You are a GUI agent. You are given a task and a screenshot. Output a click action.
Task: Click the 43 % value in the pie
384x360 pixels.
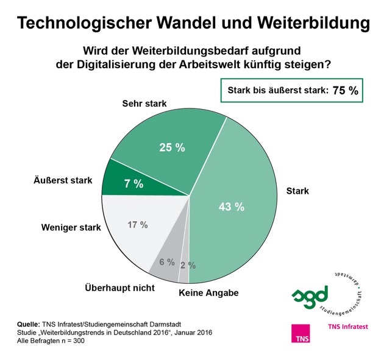232,207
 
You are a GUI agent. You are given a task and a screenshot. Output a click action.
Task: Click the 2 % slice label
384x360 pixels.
188,265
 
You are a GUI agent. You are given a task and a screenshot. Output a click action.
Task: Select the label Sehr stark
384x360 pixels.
144,104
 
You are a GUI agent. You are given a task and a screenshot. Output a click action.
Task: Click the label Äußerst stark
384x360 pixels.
62,180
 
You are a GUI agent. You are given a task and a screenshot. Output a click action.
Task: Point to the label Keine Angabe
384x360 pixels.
208,293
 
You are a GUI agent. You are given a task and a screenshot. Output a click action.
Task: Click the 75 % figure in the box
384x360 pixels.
345,91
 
